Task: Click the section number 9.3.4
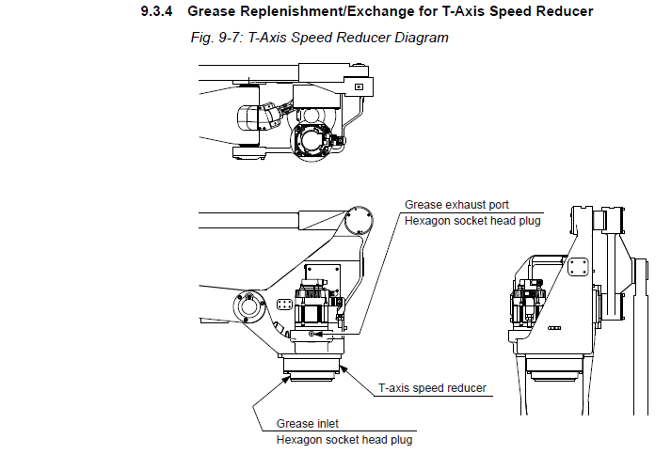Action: point(160,12)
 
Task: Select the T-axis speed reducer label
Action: point(432,386)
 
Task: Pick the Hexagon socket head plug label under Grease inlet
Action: point(343,439)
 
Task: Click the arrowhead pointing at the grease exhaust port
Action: point(317,333)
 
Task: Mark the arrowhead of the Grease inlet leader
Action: point(283,377)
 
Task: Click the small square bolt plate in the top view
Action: point(358,86)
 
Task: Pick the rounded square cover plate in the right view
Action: point(576,269)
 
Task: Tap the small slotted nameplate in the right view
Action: point(554,330)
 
